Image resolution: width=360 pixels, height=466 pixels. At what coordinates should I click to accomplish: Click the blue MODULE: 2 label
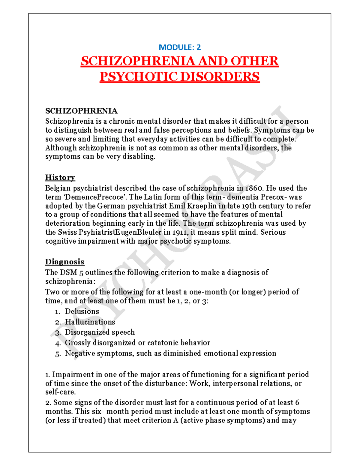[180, 47]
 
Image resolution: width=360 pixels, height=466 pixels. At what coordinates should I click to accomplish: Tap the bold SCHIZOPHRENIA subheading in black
[81, 111]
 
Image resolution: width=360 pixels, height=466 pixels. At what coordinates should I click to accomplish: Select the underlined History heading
[60, 177]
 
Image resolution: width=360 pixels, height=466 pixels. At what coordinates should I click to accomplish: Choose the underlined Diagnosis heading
[65, 262]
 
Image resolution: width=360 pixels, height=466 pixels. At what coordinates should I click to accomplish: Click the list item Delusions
[82, 311]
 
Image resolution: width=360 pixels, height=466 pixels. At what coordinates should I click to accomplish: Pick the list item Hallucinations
[90, 322]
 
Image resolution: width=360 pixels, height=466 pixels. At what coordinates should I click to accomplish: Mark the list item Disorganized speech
[100, 332]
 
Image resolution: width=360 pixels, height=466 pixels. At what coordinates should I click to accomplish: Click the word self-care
[60, 392]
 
